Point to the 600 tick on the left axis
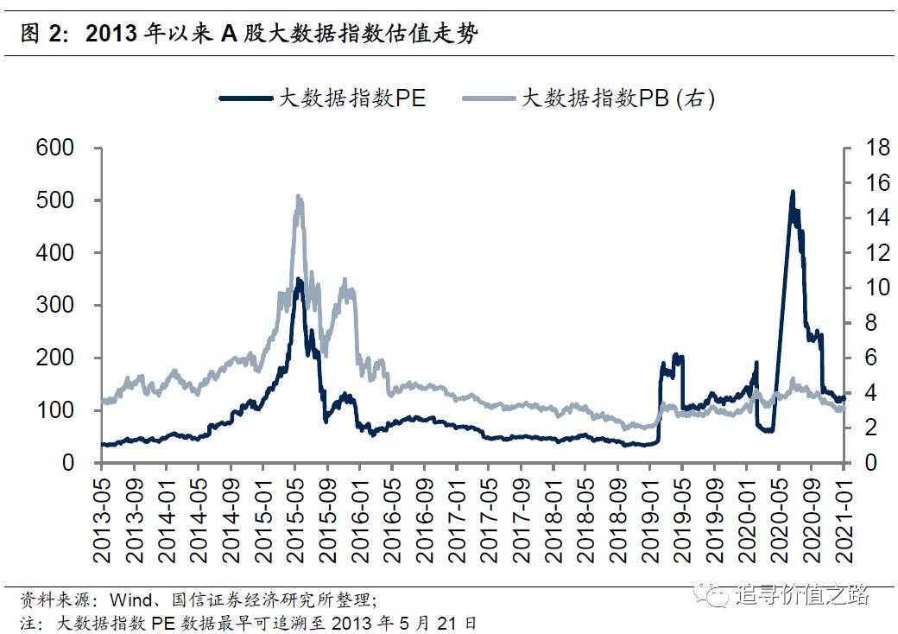click(55, 148)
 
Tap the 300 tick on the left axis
click(55, 306)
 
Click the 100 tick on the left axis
click(55, 410)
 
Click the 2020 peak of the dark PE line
click(793, 193)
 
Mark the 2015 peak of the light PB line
click(299, 197)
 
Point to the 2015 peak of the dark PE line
click(299, 280)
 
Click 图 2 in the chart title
click(41, 33)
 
